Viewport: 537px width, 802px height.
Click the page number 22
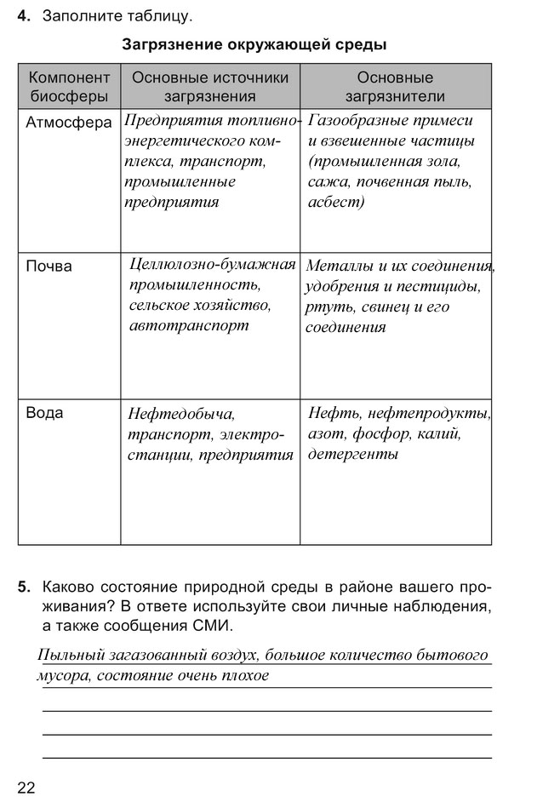point(26,787)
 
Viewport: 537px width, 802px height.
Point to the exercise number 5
point(24,587)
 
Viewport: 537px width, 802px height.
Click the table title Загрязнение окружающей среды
point(254,43)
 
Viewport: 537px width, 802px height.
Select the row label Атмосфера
point(69,123)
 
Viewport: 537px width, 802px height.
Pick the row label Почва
point(49,266)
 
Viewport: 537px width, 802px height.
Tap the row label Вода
point(45,413)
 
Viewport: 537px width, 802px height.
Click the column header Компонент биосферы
point(69,87)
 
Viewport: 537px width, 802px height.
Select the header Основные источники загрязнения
point(210,87)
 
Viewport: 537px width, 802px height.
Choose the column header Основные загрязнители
point(395,87)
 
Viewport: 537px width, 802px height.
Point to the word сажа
point(328,182)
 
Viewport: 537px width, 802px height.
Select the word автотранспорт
point(189,325)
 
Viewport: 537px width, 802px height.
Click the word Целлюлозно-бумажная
point(212,264)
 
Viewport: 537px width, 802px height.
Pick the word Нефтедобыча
point(180,415)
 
